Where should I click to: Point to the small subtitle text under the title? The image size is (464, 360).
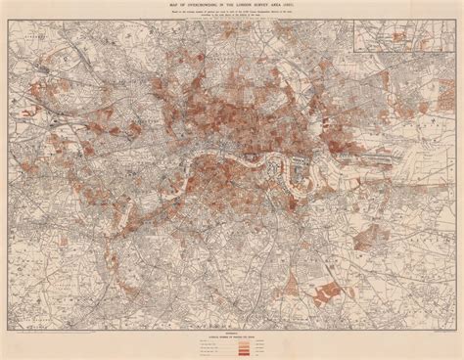[232, 17]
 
